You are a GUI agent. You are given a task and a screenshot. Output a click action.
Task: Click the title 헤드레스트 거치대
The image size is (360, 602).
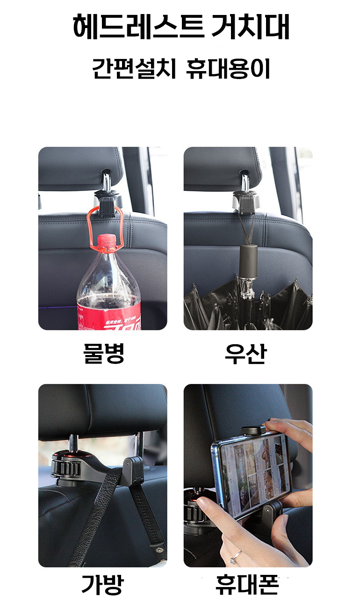[181, 27]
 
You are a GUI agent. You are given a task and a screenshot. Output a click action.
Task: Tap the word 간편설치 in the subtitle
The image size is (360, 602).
[134, 69]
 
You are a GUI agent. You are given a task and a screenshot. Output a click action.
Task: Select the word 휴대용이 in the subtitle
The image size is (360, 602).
[228, 69]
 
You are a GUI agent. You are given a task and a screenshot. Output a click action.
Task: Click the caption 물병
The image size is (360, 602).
[104, 354]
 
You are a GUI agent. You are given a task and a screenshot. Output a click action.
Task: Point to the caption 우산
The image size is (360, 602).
[245, 354]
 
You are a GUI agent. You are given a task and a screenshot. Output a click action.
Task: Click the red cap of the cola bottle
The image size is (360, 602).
[107, 240]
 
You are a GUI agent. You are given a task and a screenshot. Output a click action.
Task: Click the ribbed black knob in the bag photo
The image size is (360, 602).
[66, 468]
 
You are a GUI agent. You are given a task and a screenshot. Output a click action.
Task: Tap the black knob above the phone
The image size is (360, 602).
[253, 430]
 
